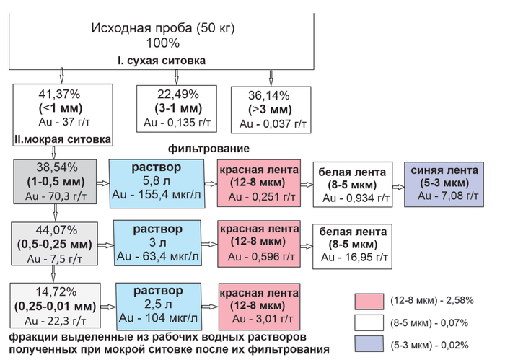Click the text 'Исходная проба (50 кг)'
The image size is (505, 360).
[x=163, y=28]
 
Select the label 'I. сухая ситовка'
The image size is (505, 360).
[x=163, y=60]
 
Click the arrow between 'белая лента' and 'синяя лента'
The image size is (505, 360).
[x=398, y=185]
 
